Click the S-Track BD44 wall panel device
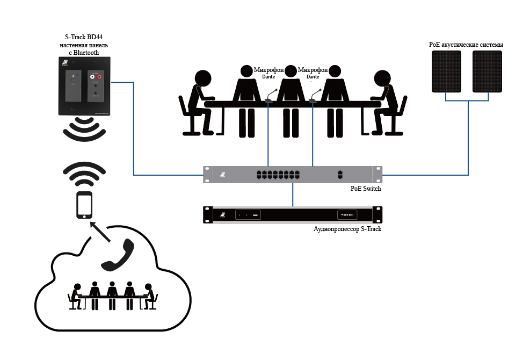84,86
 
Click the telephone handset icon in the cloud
118,255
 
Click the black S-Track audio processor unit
292,215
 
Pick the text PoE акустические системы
466,45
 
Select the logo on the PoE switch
222,175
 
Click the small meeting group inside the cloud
112,294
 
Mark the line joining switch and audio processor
293,195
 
